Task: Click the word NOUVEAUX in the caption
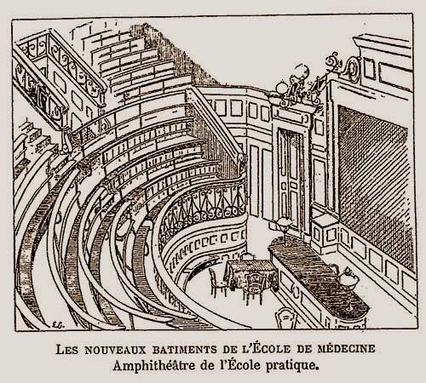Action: click(115, 349)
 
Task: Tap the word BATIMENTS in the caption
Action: click(185, 349)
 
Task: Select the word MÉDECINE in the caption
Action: click(346, 348)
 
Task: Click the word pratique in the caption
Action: click(291, 366)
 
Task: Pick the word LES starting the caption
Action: click(66, 349)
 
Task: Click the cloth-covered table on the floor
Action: click(250, 273)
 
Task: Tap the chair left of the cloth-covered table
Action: click(217, 282)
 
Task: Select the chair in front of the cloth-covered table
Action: click(254, 288)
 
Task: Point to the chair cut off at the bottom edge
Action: click(286, 318)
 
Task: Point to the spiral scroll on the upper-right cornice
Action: click(353, 69)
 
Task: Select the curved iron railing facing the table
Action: click(203, 207)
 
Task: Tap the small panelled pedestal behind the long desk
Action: click(325, 234)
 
